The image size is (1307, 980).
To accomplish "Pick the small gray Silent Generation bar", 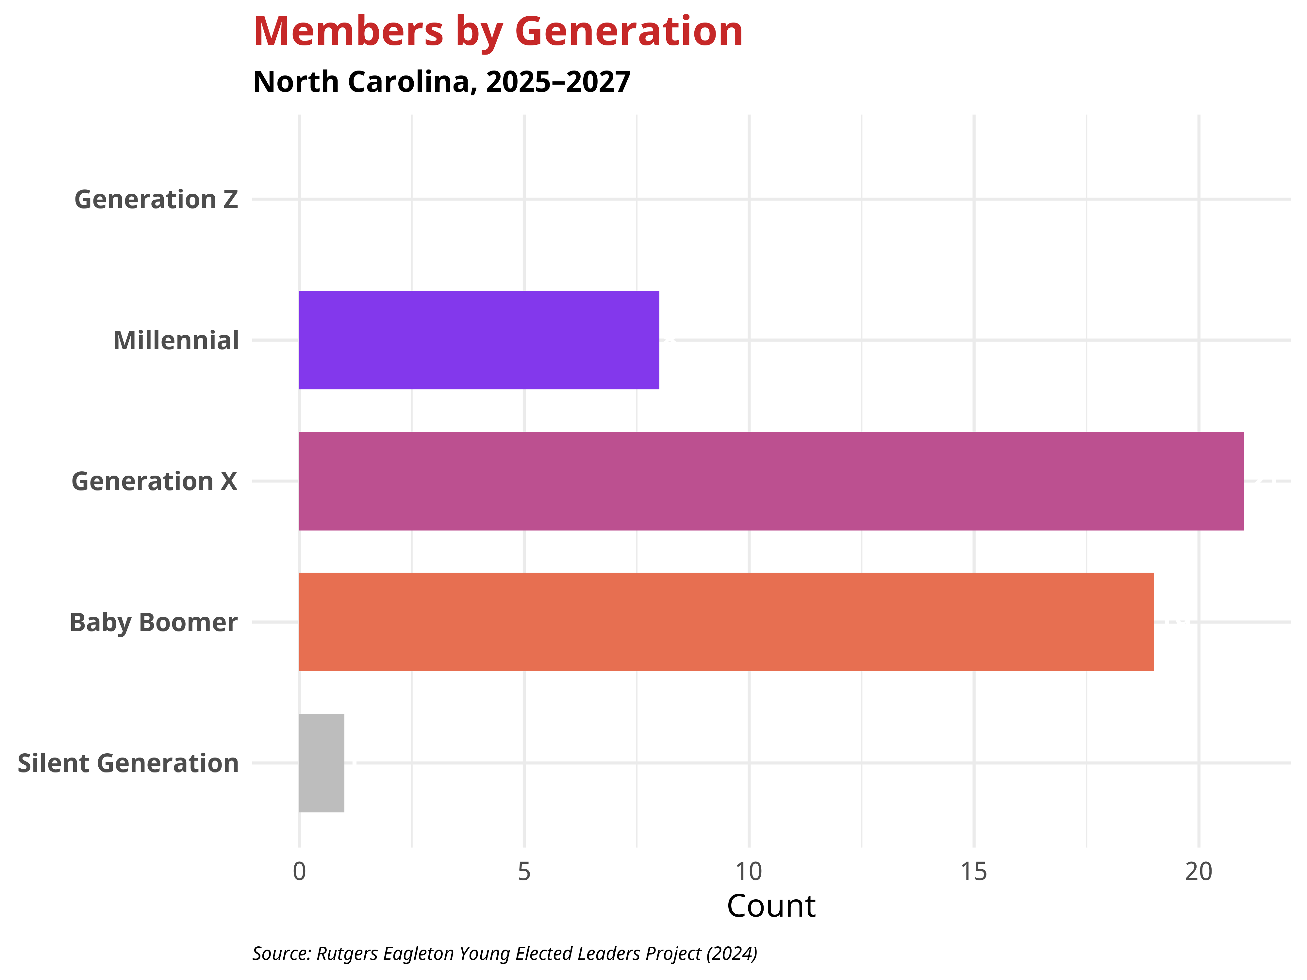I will (x=322, y=763).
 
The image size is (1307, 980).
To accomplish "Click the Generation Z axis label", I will (x=156, y=200).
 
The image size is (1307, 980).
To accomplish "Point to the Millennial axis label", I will (x=176, y=341).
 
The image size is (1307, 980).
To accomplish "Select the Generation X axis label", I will (x=154, y=482).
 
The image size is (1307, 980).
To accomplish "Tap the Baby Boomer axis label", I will (x=154, y=623).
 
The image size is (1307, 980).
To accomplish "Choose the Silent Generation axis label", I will (x=128, y=763).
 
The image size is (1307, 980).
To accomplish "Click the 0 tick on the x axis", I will (x=300, y=871).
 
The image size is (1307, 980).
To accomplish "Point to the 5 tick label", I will (x=524, y=871).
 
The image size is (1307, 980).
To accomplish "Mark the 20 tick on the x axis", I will (x=1198, y=871).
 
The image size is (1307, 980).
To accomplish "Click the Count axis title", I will (x=771, y=906).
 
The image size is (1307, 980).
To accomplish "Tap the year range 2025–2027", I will (x=558, y=82).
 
